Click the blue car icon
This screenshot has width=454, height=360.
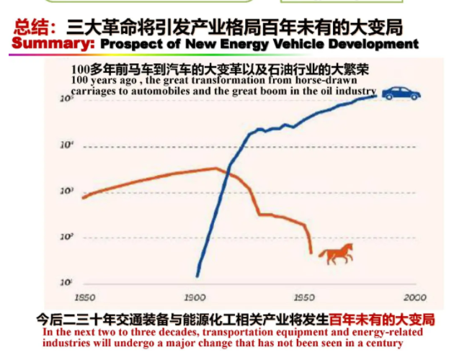tap(401, 94)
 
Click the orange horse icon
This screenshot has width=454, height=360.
tap(336, 253)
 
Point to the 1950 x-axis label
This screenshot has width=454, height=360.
tap(303, 297)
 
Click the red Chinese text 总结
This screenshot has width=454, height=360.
tap(30, 27)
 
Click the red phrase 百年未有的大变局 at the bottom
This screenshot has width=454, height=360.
tap(382, 318)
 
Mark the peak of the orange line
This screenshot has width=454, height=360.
tap(216, 168)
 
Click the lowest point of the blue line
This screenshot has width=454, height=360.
tap(197, 275)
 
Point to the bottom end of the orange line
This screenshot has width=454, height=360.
tap(311, 252)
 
